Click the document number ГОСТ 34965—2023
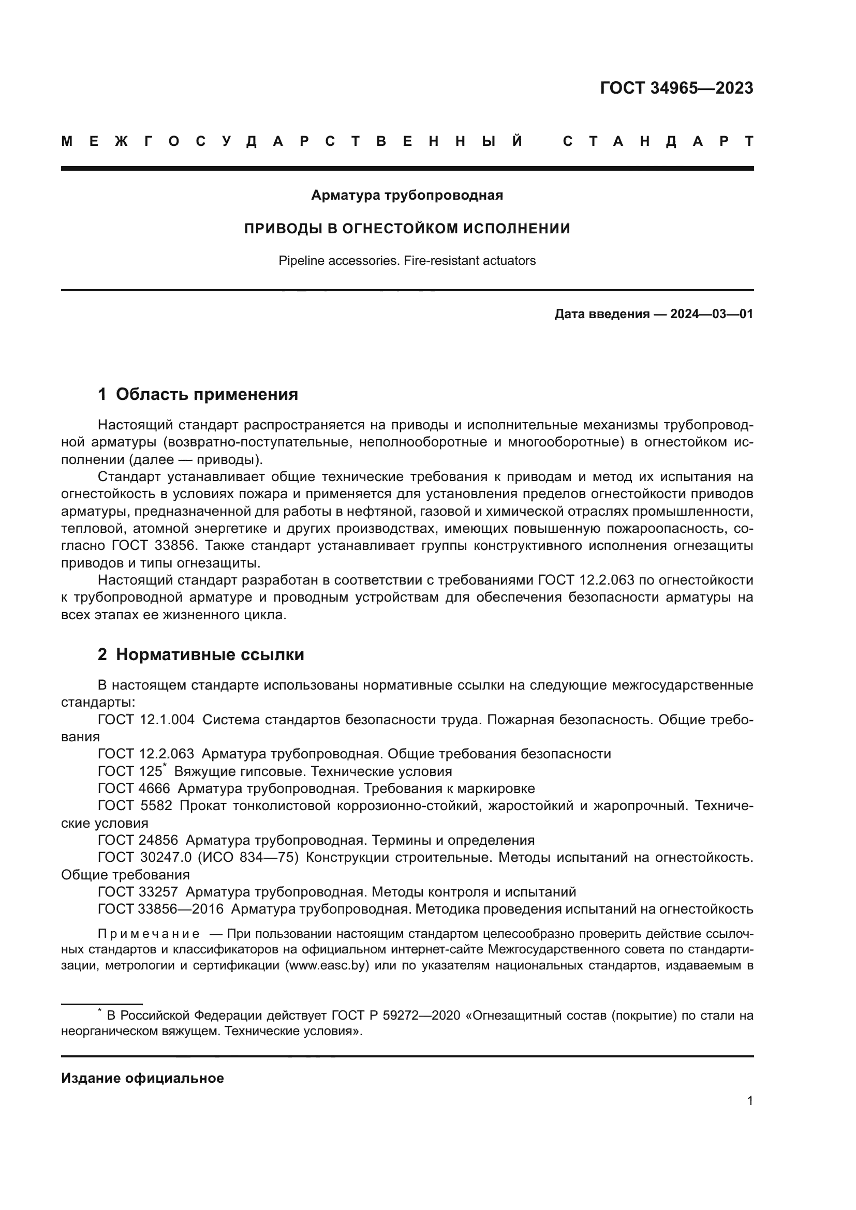676,88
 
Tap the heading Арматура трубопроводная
407,196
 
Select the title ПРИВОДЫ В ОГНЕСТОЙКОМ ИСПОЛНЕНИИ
407,229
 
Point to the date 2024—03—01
712,315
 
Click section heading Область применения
206,394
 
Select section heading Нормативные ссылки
210,654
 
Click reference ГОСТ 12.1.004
146,720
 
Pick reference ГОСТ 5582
135,806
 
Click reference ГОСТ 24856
138,840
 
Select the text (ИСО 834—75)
248,857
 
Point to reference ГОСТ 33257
138,892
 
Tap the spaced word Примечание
149,934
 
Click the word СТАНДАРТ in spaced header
658,142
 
